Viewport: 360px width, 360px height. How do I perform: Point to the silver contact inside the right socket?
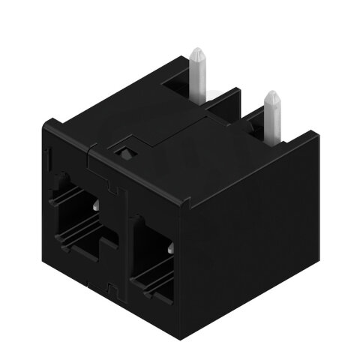172,247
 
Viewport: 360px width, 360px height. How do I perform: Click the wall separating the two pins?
229,109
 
